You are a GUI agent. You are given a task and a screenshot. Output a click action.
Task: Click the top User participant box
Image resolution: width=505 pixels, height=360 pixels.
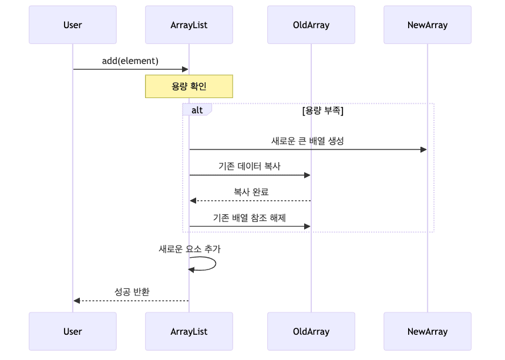tap(73, 25)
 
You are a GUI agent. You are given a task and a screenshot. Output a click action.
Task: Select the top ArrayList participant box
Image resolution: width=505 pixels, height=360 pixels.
tap(189, 25)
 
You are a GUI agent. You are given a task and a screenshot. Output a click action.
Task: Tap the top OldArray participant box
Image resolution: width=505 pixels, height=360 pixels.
tap(311, 25)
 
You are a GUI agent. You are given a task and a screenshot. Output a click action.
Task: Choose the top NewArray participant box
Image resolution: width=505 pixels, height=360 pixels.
tap(427, 25)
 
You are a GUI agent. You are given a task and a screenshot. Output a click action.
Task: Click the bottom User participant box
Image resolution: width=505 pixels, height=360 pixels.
tap(73, 331)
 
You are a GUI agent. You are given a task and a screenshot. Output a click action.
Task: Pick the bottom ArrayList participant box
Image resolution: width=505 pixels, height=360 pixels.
tap(189, 331)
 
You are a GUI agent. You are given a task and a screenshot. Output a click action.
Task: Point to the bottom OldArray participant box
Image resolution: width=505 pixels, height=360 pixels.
tap(311, 331)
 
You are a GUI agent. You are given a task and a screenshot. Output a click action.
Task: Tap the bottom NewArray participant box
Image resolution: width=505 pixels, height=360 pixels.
tap(427, 331)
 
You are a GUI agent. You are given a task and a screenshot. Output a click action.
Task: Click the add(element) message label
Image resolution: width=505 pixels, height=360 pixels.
tap(130, 61)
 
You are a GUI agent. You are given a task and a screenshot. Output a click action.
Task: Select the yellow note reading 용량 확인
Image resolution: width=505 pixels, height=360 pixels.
tap(189, 86)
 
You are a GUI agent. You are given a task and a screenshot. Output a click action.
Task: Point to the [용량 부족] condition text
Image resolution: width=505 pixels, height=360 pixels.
tap(322, 110)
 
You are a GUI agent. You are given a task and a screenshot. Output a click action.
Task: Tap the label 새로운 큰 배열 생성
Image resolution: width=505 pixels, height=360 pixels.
tap(308, 141)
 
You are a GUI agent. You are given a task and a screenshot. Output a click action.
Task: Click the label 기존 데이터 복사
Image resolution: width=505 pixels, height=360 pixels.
tap(250, 167)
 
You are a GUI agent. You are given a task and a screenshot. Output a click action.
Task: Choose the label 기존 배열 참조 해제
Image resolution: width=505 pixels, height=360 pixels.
tap(250, 218)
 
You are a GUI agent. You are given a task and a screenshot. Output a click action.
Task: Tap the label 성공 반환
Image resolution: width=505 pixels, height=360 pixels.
tap(132, 292)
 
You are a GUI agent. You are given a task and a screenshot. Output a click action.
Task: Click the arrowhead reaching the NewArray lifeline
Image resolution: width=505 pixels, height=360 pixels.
tap(424, 150)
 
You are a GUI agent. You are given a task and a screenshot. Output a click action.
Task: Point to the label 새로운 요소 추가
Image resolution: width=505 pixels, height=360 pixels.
tap(190, 249)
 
